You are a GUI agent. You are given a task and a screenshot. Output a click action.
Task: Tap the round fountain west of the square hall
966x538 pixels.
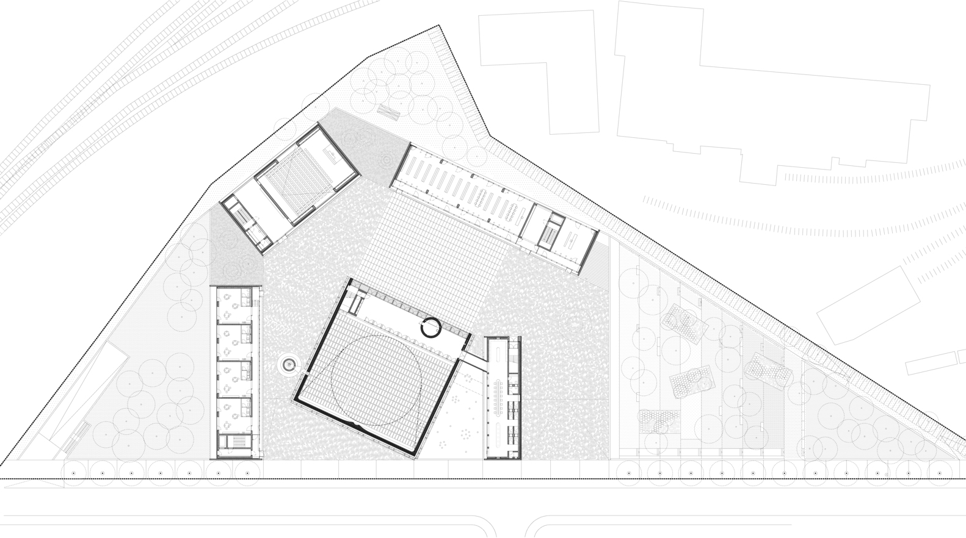click(x=288, y=365)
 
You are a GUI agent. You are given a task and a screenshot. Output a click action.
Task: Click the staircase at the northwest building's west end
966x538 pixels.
click(x=241, y=215)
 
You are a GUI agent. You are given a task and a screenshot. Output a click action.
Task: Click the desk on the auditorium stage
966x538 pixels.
click(x=333, y=157)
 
